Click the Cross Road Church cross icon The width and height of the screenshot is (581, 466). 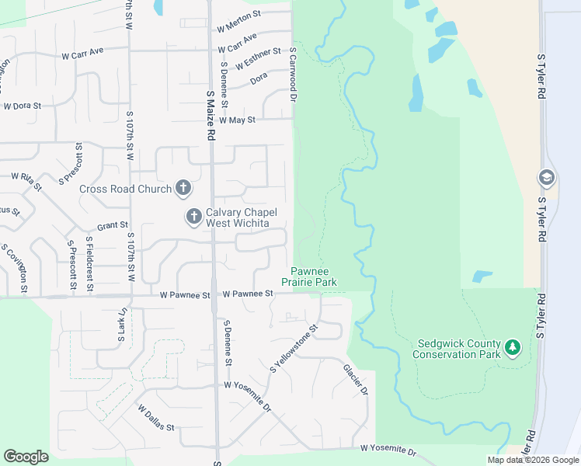183,188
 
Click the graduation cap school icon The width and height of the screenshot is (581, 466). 546,178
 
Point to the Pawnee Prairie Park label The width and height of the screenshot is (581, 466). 308,276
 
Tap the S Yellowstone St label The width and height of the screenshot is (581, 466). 294,349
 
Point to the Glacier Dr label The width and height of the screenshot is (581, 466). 354,379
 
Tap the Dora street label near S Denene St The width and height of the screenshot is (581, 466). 259,79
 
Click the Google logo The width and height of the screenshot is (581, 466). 26,457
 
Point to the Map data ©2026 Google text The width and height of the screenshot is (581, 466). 534,460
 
